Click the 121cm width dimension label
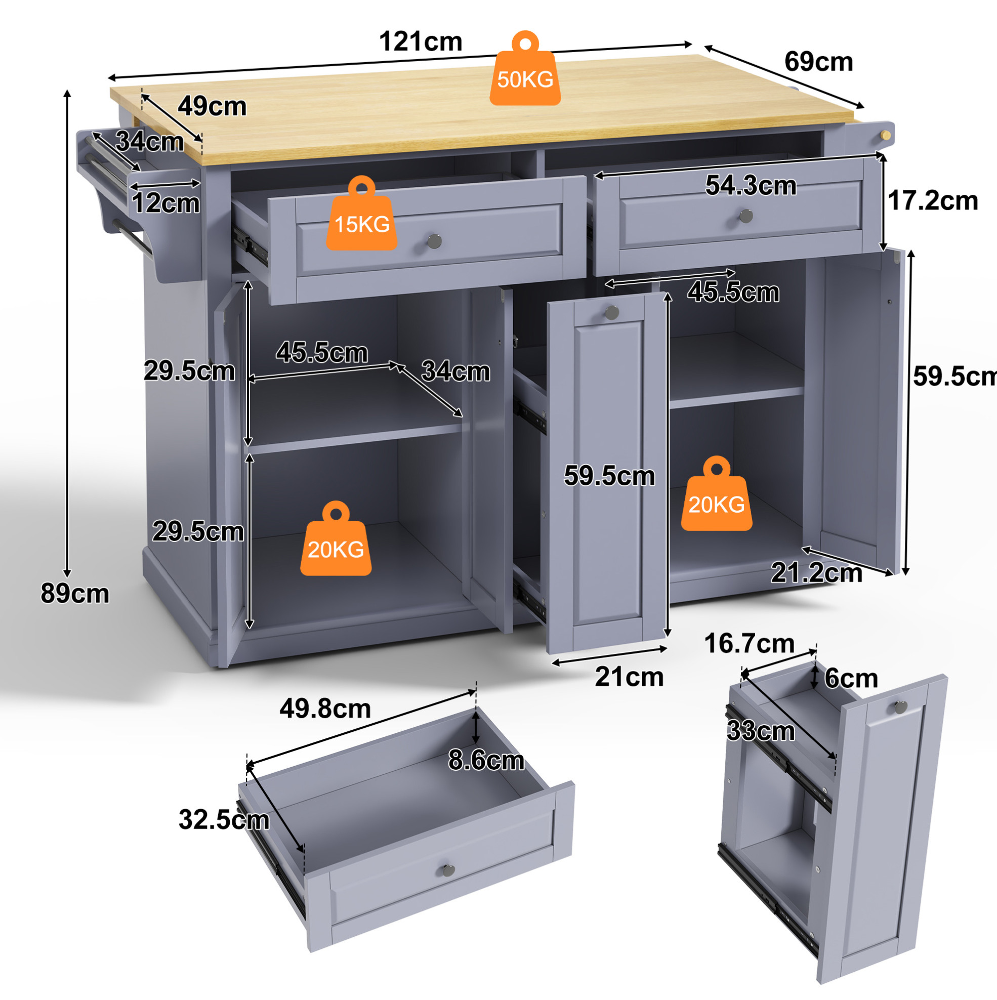421,41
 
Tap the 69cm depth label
818,62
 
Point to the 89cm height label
75,593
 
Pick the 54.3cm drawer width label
751,185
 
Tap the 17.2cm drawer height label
933,200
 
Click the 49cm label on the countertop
212,106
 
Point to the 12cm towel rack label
165,203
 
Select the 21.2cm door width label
816,573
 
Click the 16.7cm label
749,644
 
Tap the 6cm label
851,678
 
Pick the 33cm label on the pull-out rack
761,731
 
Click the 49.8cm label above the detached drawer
325,709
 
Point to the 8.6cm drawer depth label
486,760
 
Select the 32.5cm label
224,820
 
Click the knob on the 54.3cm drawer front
746,216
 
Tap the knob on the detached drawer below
448,870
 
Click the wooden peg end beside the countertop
886,136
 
